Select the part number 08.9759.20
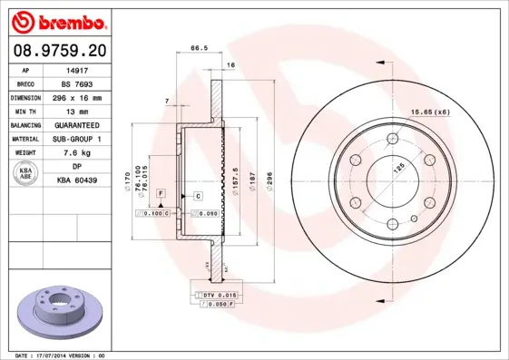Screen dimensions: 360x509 pos(59,50)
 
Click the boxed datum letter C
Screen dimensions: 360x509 pos(197,195)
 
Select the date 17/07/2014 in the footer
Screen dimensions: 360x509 pos(54,355)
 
